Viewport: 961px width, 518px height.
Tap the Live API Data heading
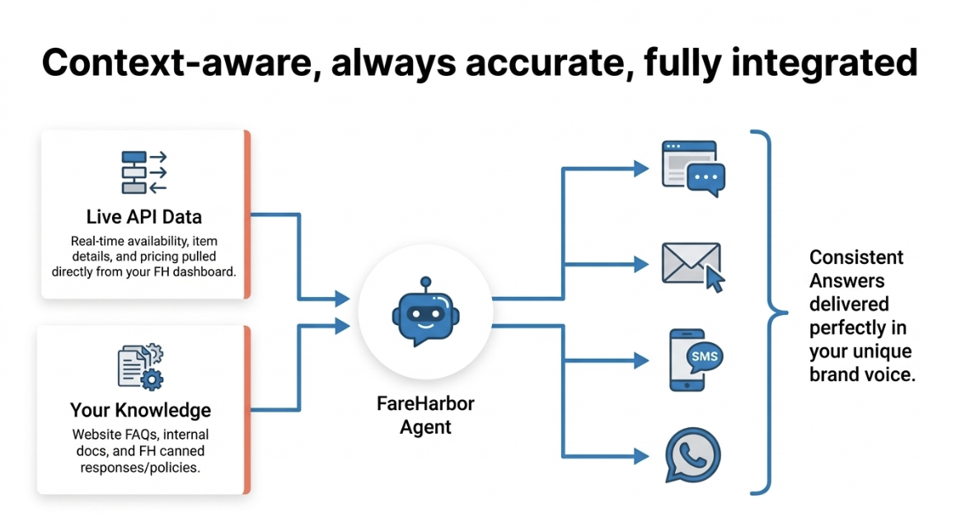tap(144, 218)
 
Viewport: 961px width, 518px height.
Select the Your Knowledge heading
tap(140, 410)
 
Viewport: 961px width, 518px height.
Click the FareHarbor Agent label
tap(425, 416)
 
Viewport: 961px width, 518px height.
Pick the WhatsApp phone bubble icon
tap(692, 454)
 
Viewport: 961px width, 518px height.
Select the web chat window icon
tap(693, 168)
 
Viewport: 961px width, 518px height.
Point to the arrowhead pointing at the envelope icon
tap(641, 265)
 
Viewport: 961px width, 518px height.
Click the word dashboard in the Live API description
tap(205, 271)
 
